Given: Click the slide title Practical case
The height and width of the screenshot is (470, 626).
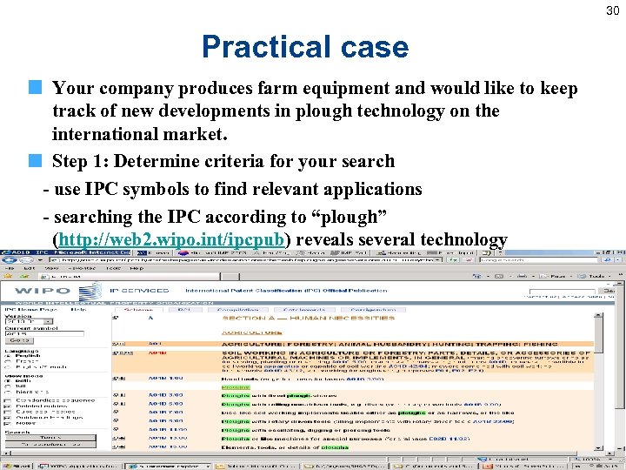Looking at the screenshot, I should (304, 46).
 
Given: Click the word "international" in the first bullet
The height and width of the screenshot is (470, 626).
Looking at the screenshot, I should (108, 134).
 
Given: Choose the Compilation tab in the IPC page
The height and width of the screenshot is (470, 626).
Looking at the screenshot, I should (237, 309).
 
